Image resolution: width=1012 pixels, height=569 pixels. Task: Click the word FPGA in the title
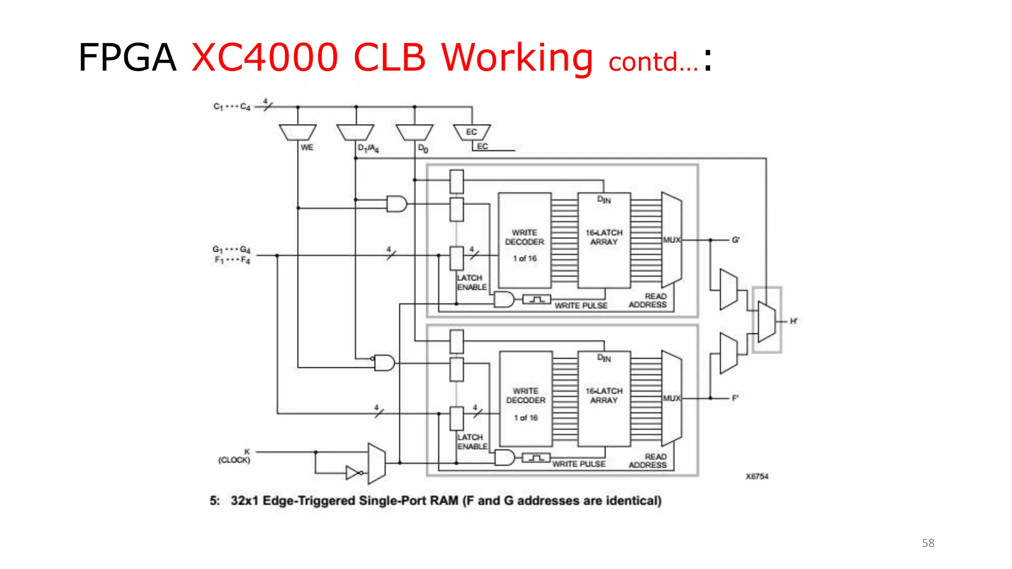pyautogui.click(x=127, y=58)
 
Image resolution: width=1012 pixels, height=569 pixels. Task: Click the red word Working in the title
pyautogui.click(x=516, y=58)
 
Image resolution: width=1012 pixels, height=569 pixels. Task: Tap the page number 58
pyautogui.click(x=928, y=543)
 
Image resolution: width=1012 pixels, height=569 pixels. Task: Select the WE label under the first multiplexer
pyautogui.click(x=307, y=148)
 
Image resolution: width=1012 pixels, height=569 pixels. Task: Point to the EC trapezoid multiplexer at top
pyautogui.click(x=472, y=132)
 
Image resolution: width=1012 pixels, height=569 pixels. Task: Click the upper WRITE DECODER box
pyautogui.click(x=524, y=241)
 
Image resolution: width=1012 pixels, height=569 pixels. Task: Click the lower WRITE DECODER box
pyautogui.click(x=526, y=399)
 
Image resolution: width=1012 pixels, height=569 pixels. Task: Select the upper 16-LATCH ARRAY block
pyautogui.click(x=604, y=241)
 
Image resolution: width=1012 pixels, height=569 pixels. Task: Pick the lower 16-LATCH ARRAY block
pyautogui.click(x=604, y=399)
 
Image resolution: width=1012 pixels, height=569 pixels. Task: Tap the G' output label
pyautogui.click(x=735, y=240)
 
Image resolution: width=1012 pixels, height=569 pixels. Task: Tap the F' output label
pyautogui.click(x=735, y=398)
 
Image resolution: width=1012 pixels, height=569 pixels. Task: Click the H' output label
pyautogui.click(x=794, y=322)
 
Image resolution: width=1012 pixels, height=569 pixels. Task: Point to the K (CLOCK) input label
pyautogui.click(x=235, y=456)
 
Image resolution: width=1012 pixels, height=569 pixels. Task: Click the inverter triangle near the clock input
pyautogui.click(x=353, y=473)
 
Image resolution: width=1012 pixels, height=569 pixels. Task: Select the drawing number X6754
pyautogui.click(x=757, y=476)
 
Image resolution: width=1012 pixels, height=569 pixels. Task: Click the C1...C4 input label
pyautogui.click(x=232, y=107)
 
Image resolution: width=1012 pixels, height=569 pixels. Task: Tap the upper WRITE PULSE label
pyautogui.click(x=581, y=306)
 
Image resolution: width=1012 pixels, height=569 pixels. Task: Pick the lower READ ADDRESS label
pyautogui.click(x=647, y=461)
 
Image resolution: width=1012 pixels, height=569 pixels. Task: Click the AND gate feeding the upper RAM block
pyautogui.click(x=396, y=203)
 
